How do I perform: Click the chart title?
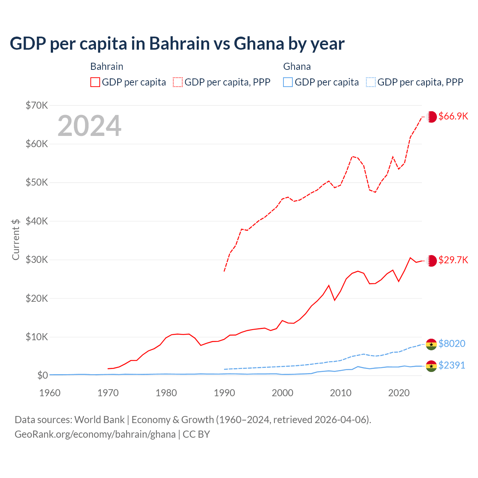(x=177, y=44)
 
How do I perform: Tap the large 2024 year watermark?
(x=89, y=126)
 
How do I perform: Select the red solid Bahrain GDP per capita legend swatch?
(x=95, y=82)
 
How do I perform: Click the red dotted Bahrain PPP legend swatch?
(x=178, y=82)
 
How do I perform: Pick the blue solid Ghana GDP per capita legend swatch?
(x=288, y=82)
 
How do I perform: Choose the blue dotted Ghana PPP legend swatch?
(x=371, y=82)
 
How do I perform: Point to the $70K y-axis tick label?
(x=37, y=105)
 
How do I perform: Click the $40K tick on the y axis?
(x=37, y=221)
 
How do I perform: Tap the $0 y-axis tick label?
(x=43, y=375)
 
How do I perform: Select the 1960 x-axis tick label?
(x=50, y=393)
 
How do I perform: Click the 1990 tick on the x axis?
(x=224, y=393)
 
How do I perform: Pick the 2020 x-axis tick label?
(x=399, y=393)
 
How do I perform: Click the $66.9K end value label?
(x=453, y=116)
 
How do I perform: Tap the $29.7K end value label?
(x=453, y=260)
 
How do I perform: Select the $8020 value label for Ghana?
(x=452, y=344)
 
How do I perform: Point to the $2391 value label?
(x=452, y=365)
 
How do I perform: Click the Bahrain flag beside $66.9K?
(x=431, y=117)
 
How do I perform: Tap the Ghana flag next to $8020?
(x=431, y=344)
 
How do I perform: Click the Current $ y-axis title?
(x=16, y=239)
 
